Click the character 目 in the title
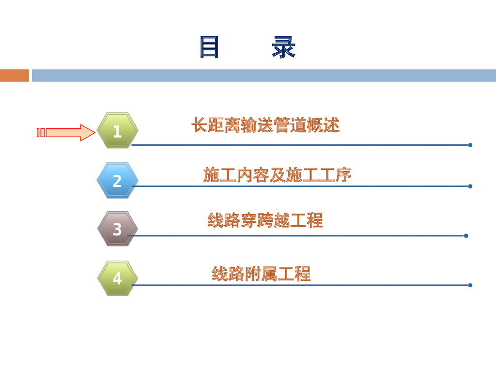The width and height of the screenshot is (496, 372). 209,47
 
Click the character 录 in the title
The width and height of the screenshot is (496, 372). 283,47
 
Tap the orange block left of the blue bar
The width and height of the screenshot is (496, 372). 15,76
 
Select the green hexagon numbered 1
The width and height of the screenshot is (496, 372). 117,130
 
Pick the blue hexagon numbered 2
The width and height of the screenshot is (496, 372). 117,180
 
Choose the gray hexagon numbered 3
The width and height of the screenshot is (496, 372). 117,229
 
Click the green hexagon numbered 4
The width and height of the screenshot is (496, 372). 117,279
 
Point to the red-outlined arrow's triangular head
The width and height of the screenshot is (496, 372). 88,133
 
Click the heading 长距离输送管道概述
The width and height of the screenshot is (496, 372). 265,125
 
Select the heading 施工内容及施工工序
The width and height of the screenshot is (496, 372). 277,174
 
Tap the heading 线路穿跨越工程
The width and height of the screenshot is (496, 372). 265,220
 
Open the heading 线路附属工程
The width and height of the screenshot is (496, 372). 261,274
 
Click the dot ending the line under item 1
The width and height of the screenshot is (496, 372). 470,145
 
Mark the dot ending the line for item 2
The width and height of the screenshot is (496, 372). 470,186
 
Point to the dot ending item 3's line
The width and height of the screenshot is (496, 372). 466,236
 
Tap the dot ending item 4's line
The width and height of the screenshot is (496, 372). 470,285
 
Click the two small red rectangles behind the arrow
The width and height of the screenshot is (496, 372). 41,133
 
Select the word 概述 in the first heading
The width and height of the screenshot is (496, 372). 323,125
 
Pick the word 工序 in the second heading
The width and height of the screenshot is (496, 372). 335,174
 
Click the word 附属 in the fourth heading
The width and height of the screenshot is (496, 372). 261,274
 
